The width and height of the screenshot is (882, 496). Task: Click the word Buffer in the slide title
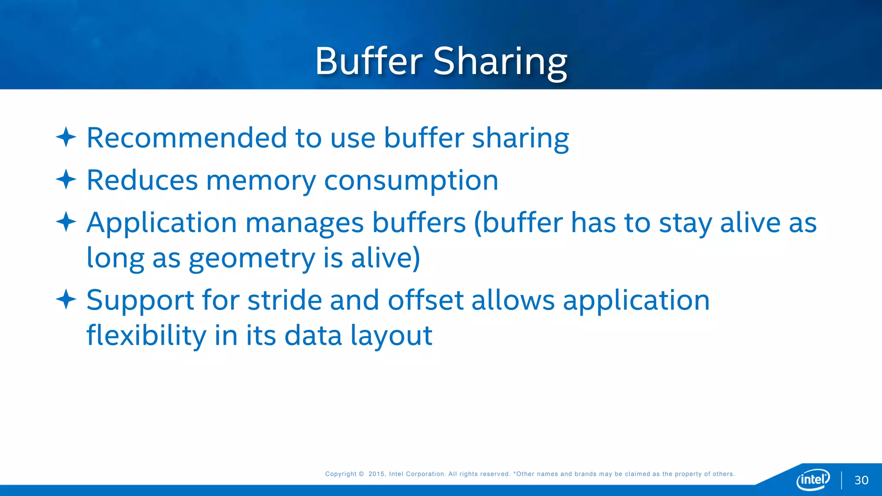(369, 61)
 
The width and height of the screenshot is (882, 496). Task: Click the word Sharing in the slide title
(500, 62)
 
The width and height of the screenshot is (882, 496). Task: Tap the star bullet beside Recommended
(66, 137)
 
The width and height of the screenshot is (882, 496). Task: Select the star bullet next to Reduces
(66, 180)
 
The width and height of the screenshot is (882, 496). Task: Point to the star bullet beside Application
(66, 222)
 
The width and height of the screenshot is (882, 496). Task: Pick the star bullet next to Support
(66, 299)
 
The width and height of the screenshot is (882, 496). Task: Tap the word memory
(261, 181)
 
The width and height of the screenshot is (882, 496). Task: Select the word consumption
(411, 181)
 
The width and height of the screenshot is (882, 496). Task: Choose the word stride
(284, 300)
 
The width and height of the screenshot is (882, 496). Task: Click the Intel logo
(813, 479)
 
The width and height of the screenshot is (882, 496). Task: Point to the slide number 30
(861, 480)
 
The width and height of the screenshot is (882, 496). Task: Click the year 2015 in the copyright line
(376, 474)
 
